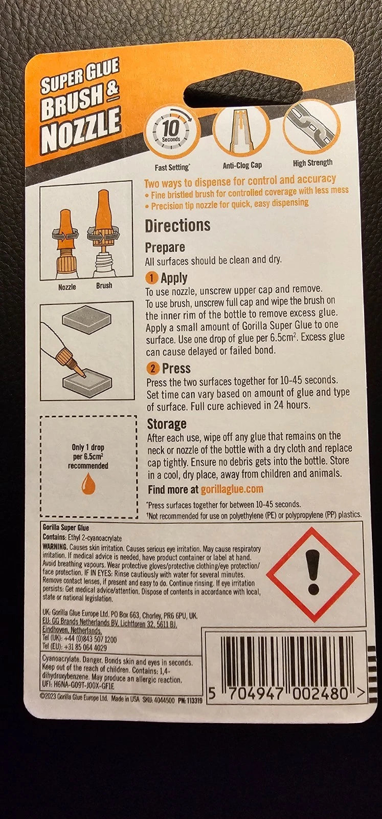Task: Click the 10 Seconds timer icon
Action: pyautogui.click(x=171, y=132)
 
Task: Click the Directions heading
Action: pyautogui.click(x=177, y=226)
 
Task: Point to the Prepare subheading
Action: pyautogui.click(x=165, y=248)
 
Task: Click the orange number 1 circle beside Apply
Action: pyautogui.click(x=151, y=278)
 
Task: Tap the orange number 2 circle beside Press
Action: pyautogui.click(x=153, y=369)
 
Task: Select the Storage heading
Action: pyautogui.click(x=167, y=424)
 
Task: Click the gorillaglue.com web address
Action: pyautogui.click(x=232, y=489)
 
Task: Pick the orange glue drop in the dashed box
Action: pyautogui.click(x=88, y=483)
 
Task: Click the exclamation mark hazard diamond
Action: pyautogui.click(x=313, y=574)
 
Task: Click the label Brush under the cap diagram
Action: pyautogui.click(x=104, y=285)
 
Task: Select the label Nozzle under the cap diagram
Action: pyautogui.click(x=67, y=287)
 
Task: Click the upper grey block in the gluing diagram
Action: pyautogui.click(x=86, y=319)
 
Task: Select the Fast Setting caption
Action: pyautogui.click(x=172, y=168)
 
